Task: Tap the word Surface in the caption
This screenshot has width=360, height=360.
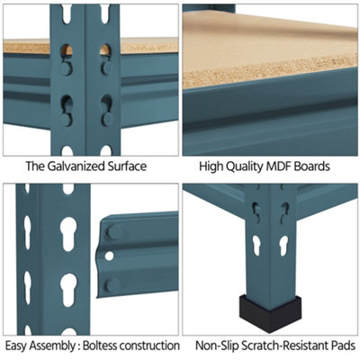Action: pyautogui.click(x=123, y=166)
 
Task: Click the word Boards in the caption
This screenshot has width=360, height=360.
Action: pyautogui.click(x=312, y=166)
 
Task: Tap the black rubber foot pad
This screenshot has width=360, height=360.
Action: pyautogui.click(x=270, y=313)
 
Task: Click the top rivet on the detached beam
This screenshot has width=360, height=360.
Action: pyautogui.click(x=114, y=231)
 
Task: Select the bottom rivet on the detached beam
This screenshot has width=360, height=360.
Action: pyautogui.click(x=113, y=285)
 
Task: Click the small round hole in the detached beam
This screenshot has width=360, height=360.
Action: pyautogui.click(x=110, y=256)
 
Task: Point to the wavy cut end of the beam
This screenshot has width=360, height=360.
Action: pyautogui.click(x=100, y=257)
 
